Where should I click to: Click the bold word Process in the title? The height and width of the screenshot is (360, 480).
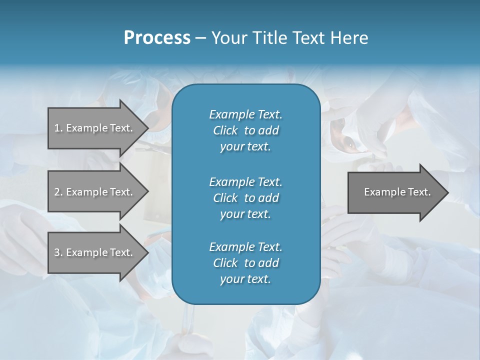pos(157,38)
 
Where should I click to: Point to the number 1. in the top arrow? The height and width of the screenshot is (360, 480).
pos(58,128)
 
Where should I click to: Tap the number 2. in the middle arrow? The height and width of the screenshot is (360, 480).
pos(58,192)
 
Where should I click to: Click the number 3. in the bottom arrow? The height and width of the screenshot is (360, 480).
pos(58,252)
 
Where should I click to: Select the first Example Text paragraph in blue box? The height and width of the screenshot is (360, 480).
pos(245,130)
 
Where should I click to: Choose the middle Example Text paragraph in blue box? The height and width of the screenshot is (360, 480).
pos(245,197)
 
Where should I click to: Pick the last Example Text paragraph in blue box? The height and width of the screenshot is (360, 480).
pos(245,263)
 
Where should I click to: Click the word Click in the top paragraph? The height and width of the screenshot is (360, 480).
pos(225,130)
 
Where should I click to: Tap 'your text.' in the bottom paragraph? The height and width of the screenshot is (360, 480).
pos(245,279)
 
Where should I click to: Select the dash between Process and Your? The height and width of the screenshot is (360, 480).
pos(200,38)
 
